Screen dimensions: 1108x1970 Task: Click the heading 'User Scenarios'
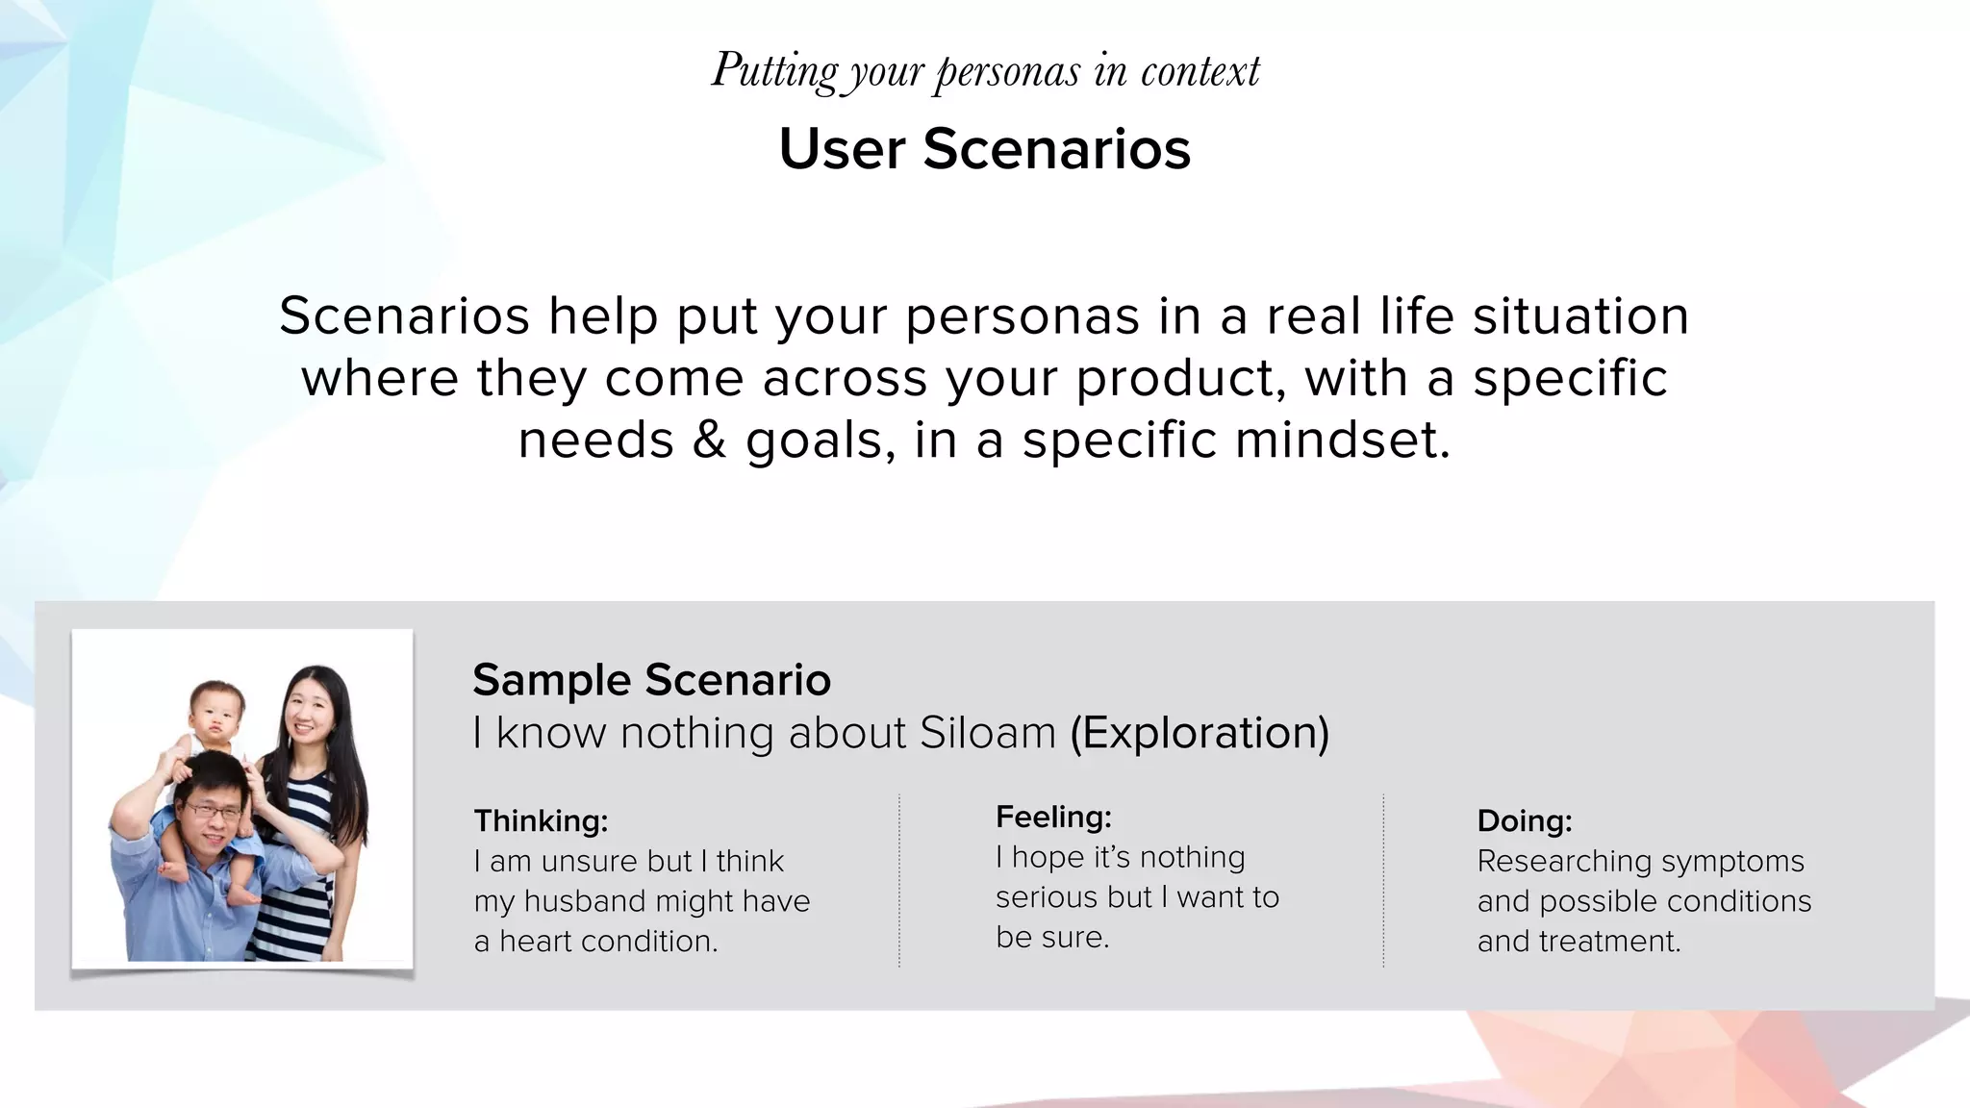point(985,149)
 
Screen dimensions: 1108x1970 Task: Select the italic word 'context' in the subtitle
point(1200,71)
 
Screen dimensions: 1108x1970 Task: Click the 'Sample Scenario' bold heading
point(651,680)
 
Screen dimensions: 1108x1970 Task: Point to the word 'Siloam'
point(988,733)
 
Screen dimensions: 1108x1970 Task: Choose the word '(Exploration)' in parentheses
point(1200,733)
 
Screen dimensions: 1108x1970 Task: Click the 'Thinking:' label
point(541,821)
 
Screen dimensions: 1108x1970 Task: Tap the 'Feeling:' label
point(1053,818)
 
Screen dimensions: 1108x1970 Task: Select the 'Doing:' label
point(1525,821)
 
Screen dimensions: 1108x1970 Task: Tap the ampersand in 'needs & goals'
point(709,441)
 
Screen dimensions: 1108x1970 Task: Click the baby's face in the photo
point(217,710)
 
